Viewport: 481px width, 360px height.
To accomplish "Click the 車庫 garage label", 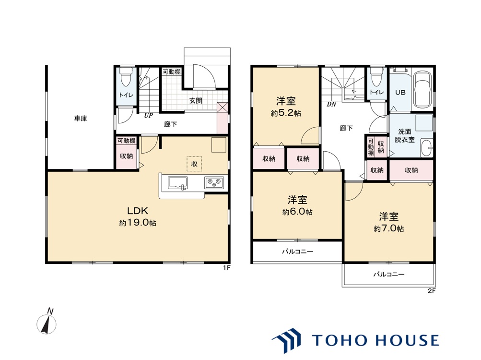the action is tap(81, 118).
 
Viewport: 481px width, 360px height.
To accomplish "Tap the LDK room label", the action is tap(138, 211).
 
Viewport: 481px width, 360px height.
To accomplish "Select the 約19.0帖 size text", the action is tap(138, 223).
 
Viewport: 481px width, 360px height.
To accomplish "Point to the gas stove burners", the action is tap(214, 183).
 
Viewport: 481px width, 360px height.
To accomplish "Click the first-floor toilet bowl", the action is tap(125, 78).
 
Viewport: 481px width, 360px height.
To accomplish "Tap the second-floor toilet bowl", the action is tap(376, 77).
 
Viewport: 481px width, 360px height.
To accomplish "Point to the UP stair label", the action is tap(149, 116).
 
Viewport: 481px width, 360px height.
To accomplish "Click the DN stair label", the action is tap(331, 105).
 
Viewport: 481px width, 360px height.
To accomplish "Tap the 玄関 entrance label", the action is tap(196, 101).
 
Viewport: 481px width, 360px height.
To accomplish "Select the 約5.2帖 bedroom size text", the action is tap(286, 113).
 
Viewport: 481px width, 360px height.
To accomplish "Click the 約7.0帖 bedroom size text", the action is tap(388, 228).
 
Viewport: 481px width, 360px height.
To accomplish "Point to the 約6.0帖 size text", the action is tap(297, 212).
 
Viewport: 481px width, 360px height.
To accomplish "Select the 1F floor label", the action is tap(226, 268).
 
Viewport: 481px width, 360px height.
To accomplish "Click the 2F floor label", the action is tap(432, 291).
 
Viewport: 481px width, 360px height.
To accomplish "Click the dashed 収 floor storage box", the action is tap(194, 164).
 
